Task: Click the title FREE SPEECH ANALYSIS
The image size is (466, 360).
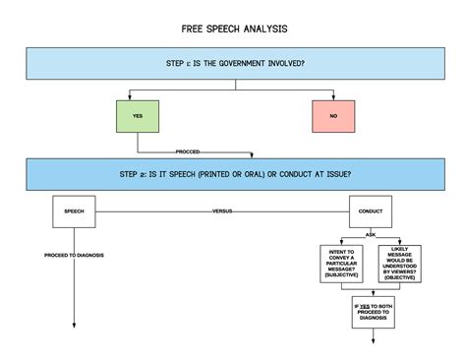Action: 233,29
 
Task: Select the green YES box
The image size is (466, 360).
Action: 138,115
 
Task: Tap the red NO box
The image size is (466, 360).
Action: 333,115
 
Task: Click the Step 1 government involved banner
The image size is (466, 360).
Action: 234,64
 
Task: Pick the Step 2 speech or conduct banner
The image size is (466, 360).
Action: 235,174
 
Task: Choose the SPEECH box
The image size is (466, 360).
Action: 74,210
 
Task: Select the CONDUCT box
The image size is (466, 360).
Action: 372,210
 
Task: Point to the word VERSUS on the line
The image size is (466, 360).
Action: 223,211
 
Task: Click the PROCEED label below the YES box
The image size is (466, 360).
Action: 189,151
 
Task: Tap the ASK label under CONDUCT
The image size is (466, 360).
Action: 372,234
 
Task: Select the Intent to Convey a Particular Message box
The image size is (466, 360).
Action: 344,264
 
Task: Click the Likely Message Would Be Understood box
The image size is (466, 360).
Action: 400,264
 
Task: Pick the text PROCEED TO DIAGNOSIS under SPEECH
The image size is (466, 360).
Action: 74,255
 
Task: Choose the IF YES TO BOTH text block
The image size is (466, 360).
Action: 374,311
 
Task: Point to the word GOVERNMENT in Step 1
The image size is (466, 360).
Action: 250,63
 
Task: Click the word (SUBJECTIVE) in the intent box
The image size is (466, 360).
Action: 344,276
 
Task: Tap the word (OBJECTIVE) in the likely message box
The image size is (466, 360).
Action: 400,279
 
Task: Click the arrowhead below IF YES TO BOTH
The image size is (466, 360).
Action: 374,339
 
